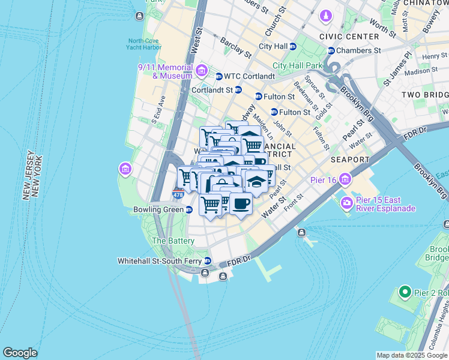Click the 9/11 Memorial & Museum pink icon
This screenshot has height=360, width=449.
coord(201,71)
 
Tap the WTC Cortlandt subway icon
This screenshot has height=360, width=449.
coord(219,76)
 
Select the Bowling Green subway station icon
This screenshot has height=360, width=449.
coord(189,210)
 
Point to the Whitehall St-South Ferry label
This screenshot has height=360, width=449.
coord(160,261)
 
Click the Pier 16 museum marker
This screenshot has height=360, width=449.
coord(345,179)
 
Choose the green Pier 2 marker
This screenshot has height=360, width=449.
coord(405,293)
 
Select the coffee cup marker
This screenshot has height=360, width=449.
coord(241,204)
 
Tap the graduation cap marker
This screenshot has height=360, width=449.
coord(256,181)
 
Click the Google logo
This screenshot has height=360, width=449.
coord(20,353)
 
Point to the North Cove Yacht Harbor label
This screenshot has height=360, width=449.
coord(144,44)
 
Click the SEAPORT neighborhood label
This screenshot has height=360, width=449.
coord(350,160)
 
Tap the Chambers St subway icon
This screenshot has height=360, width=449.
coord(331,51)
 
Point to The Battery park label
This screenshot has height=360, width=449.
coord(173,241)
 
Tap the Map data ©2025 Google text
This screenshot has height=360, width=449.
coord(412,355)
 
